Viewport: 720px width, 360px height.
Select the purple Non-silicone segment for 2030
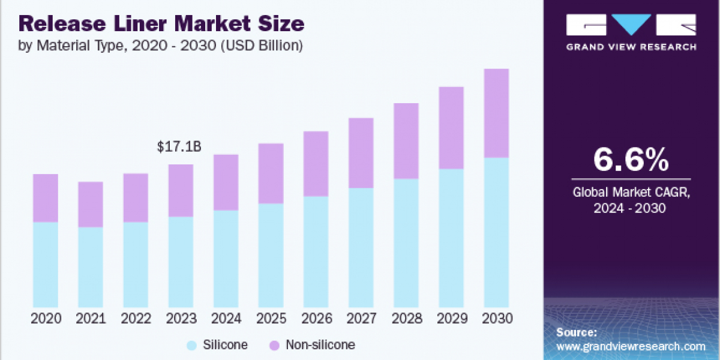(496, 113)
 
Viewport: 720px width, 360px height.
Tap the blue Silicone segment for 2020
(45, 265)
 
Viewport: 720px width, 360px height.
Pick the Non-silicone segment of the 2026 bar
(316, 164)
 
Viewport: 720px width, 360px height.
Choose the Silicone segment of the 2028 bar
(406, 243)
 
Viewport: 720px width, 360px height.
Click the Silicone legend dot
(191, 345)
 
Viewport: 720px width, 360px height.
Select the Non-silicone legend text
(320, 345)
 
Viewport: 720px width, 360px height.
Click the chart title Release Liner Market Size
(161, 24)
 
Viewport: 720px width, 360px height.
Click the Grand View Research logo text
(631, 47)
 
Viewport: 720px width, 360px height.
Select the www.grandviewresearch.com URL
(631, 346)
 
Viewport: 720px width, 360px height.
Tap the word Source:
(577, 332)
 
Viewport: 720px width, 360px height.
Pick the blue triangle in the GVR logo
(631, 25)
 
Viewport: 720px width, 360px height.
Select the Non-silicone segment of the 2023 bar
(181, 190)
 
